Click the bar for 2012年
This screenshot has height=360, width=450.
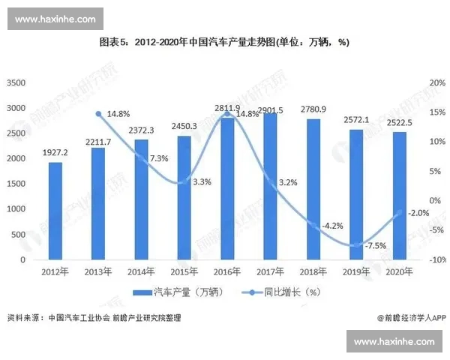55,211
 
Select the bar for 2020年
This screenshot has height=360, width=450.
400,196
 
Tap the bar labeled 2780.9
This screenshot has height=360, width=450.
313,189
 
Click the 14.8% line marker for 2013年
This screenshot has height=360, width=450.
98,113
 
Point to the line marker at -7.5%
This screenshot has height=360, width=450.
357,245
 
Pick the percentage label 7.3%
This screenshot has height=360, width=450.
158,158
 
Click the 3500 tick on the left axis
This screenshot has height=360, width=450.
16,82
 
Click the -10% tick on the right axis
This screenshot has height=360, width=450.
435,259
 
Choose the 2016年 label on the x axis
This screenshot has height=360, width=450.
227,271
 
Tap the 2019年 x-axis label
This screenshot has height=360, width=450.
357,271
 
